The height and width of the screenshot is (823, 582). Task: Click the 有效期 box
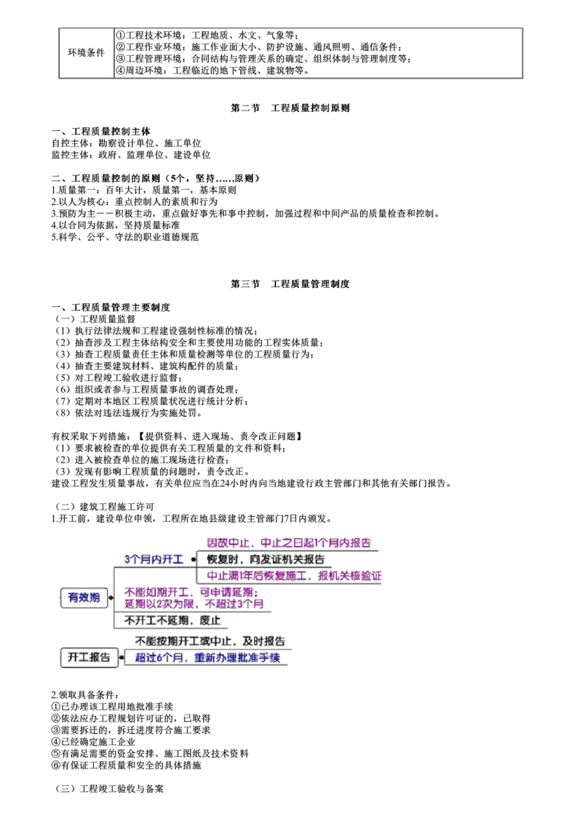[x=83, y=598]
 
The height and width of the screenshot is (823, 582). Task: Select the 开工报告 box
[x=88, y=658]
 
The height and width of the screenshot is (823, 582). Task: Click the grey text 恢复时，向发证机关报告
[x=265, y=559]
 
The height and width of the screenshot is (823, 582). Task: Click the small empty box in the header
[x=87, y=52]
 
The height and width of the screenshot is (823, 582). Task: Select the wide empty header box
[x=317, y=52]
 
